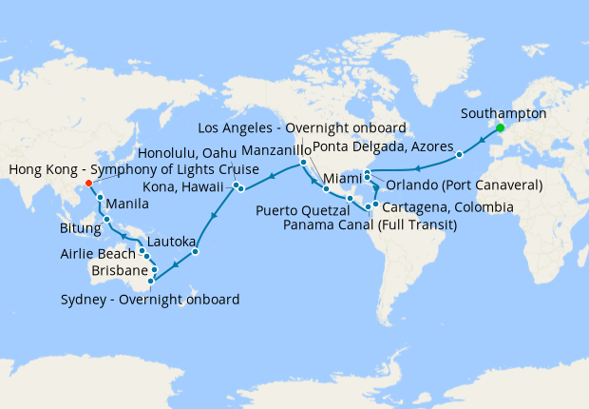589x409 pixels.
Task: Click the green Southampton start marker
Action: pyautogui.click(x=500, y=128)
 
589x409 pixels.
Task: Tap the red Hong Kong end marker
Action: pyautogui.click(x=88, y=184)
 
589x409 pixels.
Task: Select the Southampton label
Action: pyautogui.click(x=503, y=112)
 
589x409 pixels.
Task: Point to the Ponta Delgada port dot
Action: pyautogui.click(x=459, y=153)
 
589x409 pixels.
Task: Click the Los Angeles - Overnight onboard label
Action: pyautogui.click(x=302, y=127)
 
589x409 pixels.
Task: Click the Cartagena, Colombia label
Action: pyautogui.click(x=448, y=206)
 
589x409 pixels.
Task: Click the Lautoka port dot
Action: pyautogui.click(x=195, y=252)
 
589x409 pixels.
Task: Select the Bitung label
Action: pyautogui.click(x=79, y=228)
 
